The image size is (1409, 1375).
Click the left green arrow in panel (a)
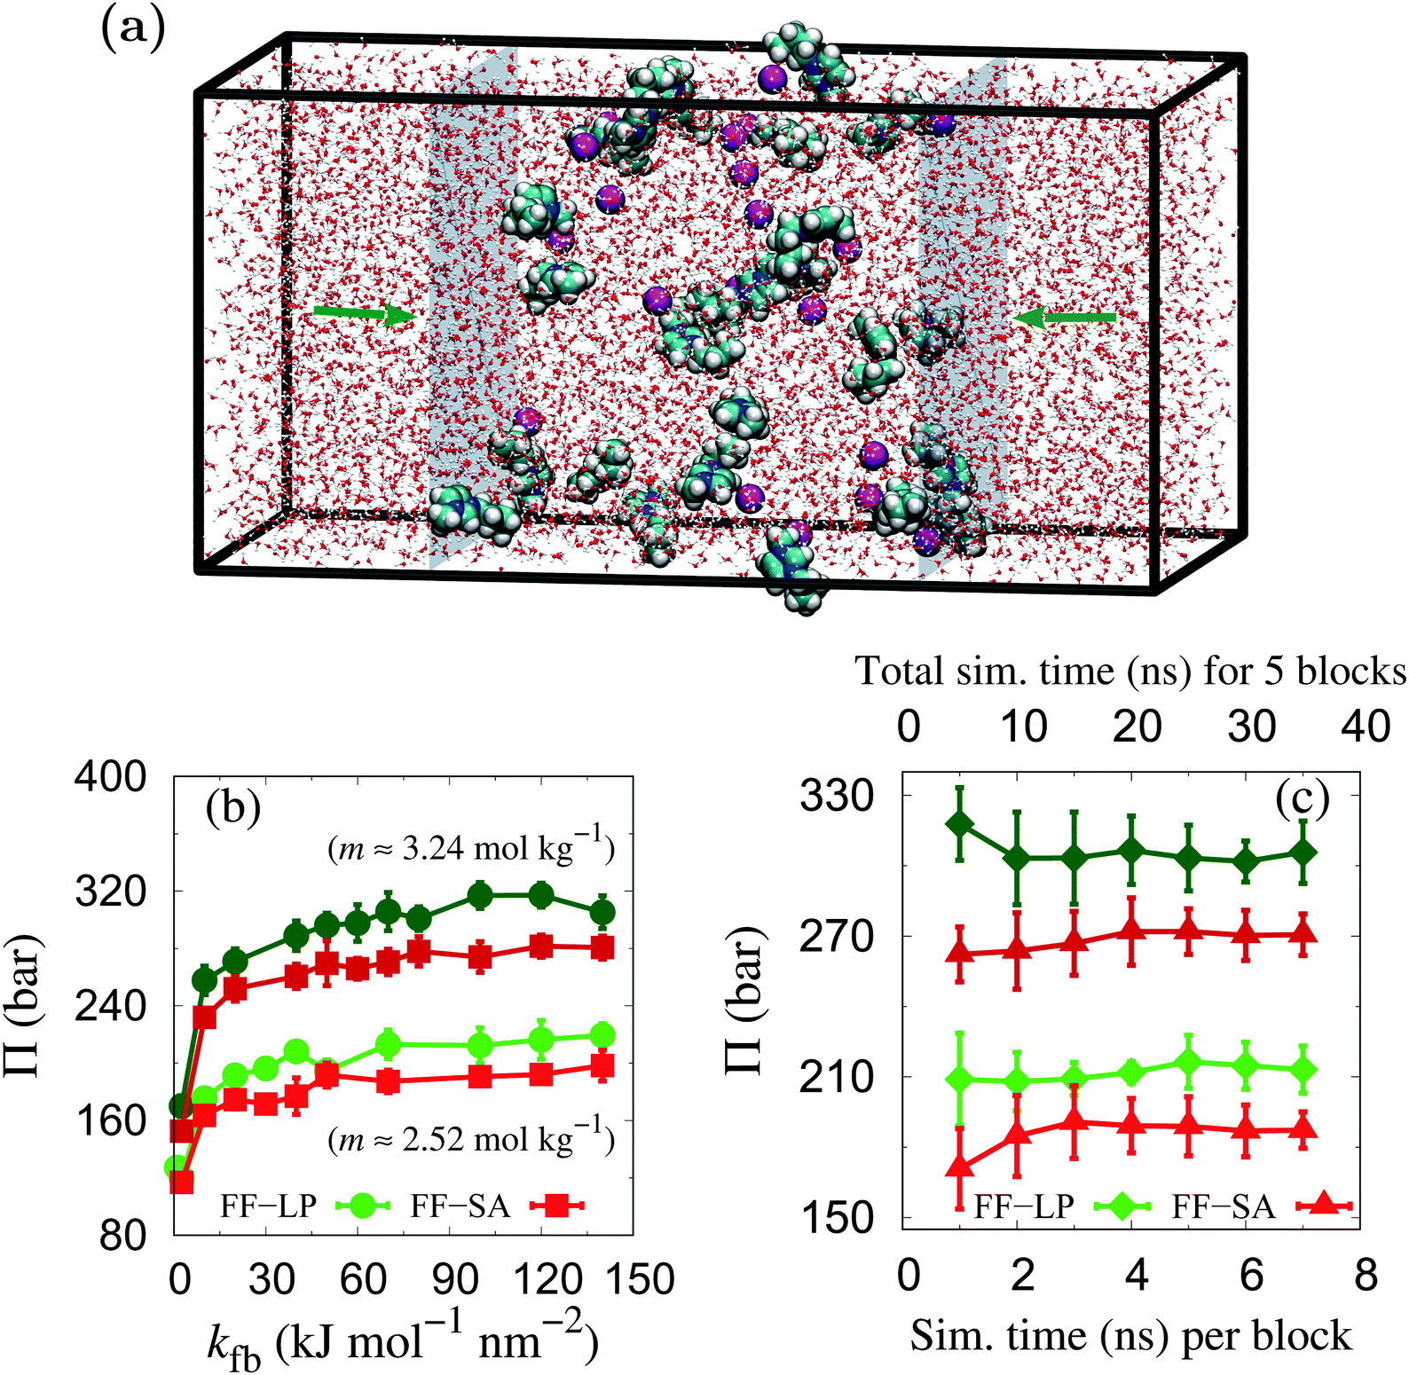(x=364, y=313)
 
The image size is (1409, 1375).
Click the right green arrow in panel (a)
(x=1065, y=318)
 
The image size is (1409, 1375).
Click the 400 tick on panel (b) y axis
(x=110, y=776)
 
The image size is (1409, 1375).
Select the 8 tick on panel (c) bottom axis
(x=1366, y=1275)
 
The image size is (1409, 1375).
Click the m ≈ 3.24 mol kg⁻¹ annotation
(x=471, y=847)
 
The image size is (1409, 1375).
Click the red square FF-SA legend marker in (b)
(x=557, y=1206)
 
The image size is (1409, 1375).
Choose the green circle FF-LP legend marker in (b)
(x=364, y=1206)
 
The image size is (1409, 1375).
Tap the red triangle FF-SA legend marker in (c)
(x=1323, y=1205)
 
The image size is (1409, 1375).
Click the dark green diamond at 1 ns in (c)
(x=959, y=824)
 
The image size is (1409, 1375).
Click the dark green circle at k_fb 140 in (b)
(x=602, y=912)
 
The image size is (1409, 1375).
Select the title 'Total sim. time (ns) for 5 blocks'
(x=1130, y=672)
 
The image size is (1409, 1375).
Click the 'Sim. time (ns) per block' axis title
(x=1130, y=1335)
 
